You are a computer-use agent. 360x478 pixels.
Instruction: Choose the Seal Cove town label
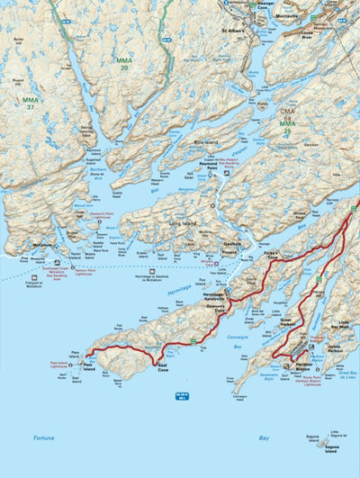[x=164, y=368]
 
